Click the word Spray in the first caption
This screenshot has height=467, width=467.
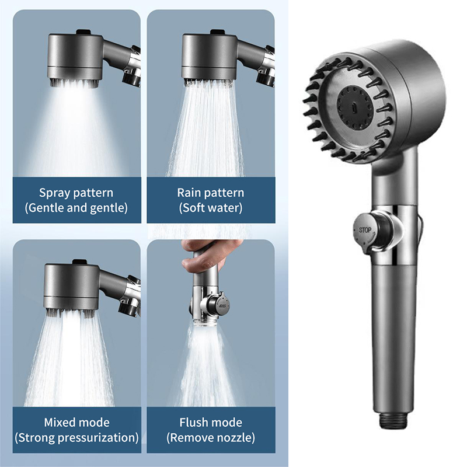(x=53, y=193)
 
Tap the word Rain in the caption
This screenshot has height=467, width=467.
(x=188, y=193)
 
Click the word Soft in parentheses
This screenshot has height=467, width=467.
(x=191, y=208)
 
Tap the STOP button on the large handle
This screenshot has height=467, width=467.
(x=364, y=231)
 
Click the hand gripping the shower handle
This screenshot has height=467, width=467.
(x=207, y=254)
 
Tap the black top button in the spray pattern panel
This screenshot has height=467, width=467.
(x=83, y=32)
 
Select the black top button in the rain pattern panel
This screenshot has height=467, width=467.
(x=218, y=32)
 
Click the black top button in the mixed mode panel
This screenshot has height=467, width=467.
(x=79, y=262)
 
